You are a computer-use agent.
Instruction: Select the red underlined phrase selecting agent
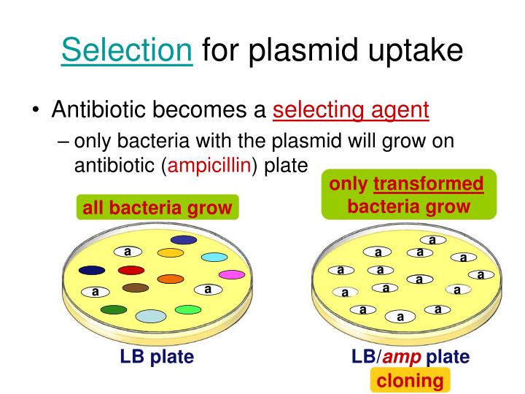tap(351, 110)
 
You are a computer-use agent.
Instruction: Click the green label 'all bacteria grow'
tap(157, 209)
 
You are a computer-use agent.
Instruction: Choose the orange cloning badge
tap(410, 380)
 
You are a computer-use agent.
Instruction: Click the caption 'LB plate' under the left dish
tap(157, 358)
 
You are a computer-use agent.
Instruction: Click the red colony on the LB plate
tap(131, 270)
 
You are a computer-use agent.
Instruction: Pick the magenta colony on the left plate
tap(232, 274)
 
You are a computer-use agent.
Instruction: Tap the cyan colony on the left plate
tap(214, 257)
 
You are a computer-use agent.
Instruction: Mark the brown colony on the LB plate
tap(136, 287)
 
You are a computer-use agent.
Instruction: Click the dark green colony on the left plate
tap(114, 310)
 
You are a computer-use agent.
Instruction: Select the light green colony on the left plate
tap(187, 309)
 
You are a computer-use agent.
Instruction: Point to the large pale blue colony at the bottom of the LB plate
tap(151, 315)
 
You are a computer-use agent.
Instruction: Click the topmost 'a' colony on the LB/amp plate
tap(432, 239)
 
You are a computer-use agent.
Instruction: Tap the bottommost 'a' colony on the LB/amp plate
tap(400, 317)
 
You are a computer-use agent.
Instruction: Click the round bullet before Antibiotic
tap(36, 112)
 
